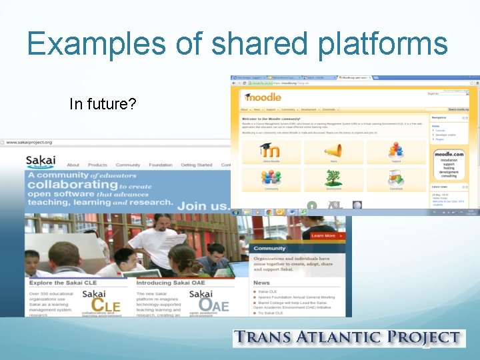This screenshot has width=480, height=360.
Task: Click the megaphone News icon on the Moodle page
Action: pyautogui.click(x=333, y=151)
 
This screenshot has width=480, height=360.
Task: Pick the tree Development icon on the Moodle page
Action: pyautogui.click(x=333, y=177)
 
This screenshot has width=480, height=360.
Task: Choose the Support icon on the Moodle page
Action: pyautogui.click(x=396, y=151)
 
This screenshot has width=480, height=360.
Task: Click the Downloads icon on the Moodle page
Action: pyautogui.click(x=396, y=179)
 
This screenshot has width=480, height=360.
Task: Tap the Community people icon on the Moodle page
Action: pyautogui.click(x=271, y=177)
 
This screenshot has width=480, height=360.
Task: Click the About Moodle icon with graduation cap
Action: pyautogui.click(x=271, y=151)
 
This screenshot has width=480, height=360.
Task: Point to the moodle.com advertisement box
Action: pyautogui.click(x=449, y=163)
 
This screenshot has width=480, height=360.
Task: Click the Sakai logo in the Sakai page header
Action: pyautogui.click(x=41, y=162)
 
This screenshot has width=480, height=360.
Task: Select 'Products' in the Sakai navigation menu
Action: pyautogui.click(x=97, y=165)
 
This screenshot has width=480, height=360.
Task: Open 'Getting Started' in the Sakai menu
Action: pyautogui.click(x=196, y=165)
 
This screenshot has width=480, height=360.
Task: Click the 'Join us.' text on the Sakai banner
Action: pyautogui.click(x=201, y=206)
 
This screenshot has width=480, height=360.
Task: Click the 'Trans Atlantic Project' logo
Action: pyautogui.click(x=347, y=339)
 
